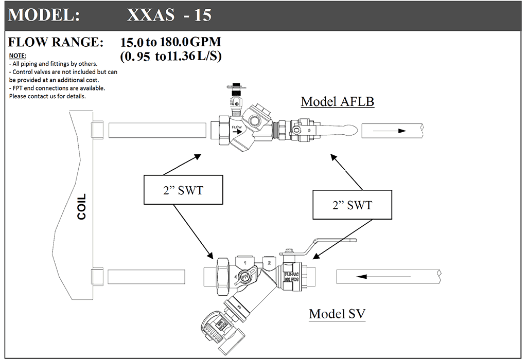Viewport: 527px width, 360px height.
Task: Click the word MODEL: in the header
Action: (x=44, y=14)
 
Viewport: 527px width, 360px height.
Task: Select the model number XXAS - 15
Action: (x=169, y=14)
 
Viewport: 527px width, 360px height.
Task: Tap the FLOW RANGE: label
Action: (x=56, y=42)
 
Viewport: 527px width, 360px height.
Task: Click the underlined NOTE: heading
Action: (x=17, y=56)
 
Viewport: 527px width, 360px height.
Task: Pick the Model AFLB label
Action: (x=337, y=101)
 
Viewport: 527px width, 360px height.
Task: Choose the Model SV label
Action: (x=337, y=313)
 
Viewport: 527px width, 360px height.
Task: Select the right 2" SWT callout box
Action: (x=352, y=204)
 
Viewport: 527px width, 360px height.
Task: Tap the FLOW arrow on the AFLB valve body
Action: (x=237, y=132)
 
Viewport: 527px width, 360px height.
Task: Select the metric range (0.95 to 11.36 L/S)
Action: (x=170, y=56)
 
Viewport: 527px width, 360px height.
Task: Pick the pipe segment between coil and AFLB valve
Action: (x=157, y=129)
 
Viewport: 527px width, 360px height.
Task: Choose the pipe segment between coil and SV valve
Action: (x=147, y=276)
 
